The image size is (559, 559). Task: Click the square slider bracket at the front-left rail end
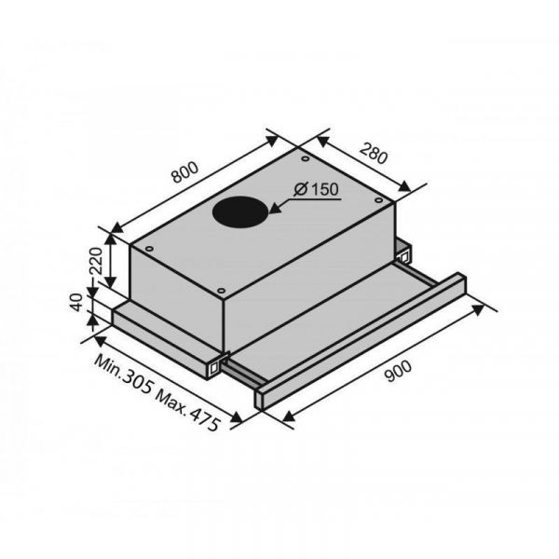click(217, 366)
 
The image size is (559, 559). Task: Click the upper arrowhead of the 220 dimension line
click(111, 231)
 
